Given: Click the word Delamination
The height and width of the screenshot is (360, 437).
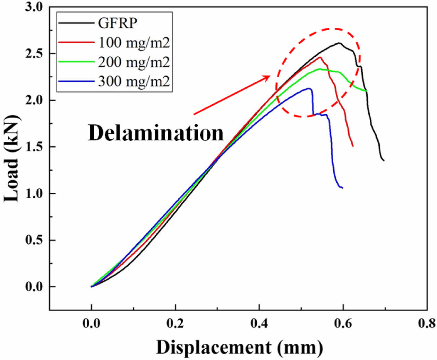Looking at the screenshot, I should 156,133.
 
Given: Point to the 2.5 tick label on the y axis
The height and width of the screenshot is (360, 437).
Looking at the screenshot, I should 35,54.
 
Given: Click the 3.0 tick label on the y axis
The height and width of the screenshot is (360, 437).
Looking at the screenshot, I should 35,7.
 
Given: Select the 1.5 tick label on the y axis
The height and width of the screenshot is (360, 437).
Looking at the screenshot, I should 35,147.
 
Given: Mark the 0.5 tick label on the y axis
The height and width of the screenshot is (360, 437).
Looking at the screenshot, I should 35,240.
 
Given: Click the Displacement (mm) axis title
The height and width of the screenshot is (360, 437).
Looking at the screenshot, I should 239,347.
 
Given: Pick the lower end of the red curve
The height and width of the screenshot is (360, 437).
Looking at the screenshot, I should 353,146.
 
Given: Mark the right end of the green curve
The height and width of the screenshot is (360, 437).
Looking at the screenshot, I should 367,91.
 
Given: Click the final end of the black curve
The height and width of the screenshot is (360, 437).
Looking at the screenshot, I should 384,160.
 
